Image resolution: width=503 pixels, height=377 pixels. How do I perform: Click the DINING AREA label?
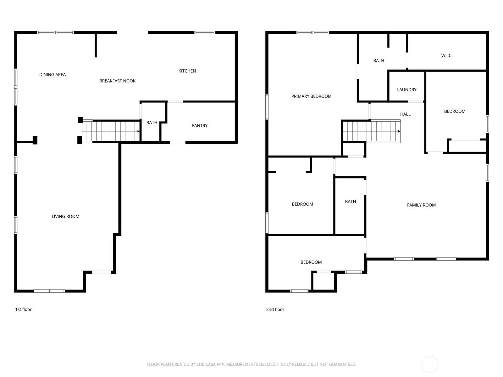coord(53,75)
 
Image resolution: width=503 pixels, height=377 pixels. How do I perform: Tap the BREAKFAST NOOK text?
coord(117,81)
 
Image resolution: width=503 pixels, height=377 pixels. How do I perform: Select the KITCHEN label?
coord(187,71)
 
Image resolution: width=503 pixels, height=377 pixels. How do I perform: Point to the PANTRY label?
coord(200,126)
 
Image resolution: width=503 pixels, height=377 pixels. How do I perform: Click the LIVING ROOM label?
coord(65,216)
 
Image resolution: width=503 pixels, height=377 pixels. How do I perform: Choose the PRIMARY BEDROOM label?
coord(312,96)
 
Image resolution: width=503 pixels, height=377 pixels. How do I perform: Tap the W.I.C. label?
coord(447,55)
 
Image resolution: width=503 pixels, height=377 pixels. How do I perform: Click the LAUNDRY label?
coord(407,90)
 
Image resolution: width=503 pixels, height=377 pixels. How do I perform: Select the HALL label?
coord(405,114)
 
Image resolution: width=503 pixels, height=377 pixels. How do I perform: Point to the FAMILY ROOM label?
coord(421,205)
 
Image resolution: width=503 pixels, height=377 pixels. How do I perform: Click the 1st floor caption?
coord(23,309)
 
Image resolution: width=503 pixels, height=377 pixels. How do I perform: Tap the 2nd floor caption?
coord(275,309)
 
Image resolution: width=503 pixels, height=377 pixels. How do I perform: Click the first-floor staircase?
coord(111,131)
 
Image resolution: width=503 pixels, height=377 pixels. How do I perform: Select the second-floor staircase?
coord(372,131)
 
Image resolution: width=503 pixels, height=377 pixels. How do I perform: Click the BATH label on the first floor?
coord(152,123)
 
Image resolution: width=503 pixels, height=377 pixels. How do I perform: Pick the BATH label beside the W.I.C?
coord(379,61)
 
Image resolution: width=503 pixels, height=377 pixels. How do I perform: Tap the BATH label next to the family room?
coord(351,202)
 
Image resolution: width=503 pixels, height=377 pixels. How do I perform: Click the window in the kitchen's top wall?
coord(205,32)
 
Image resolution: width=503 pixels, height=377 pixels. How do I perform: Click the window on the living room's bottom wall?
coord(49,291)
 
